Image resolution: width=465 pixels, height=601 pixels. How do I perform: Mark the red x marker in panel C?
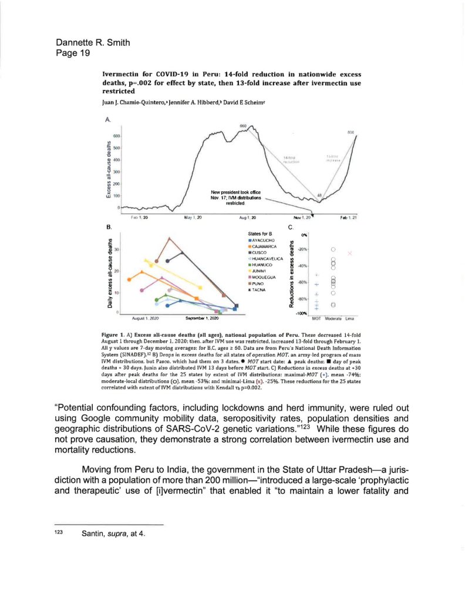350,253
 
